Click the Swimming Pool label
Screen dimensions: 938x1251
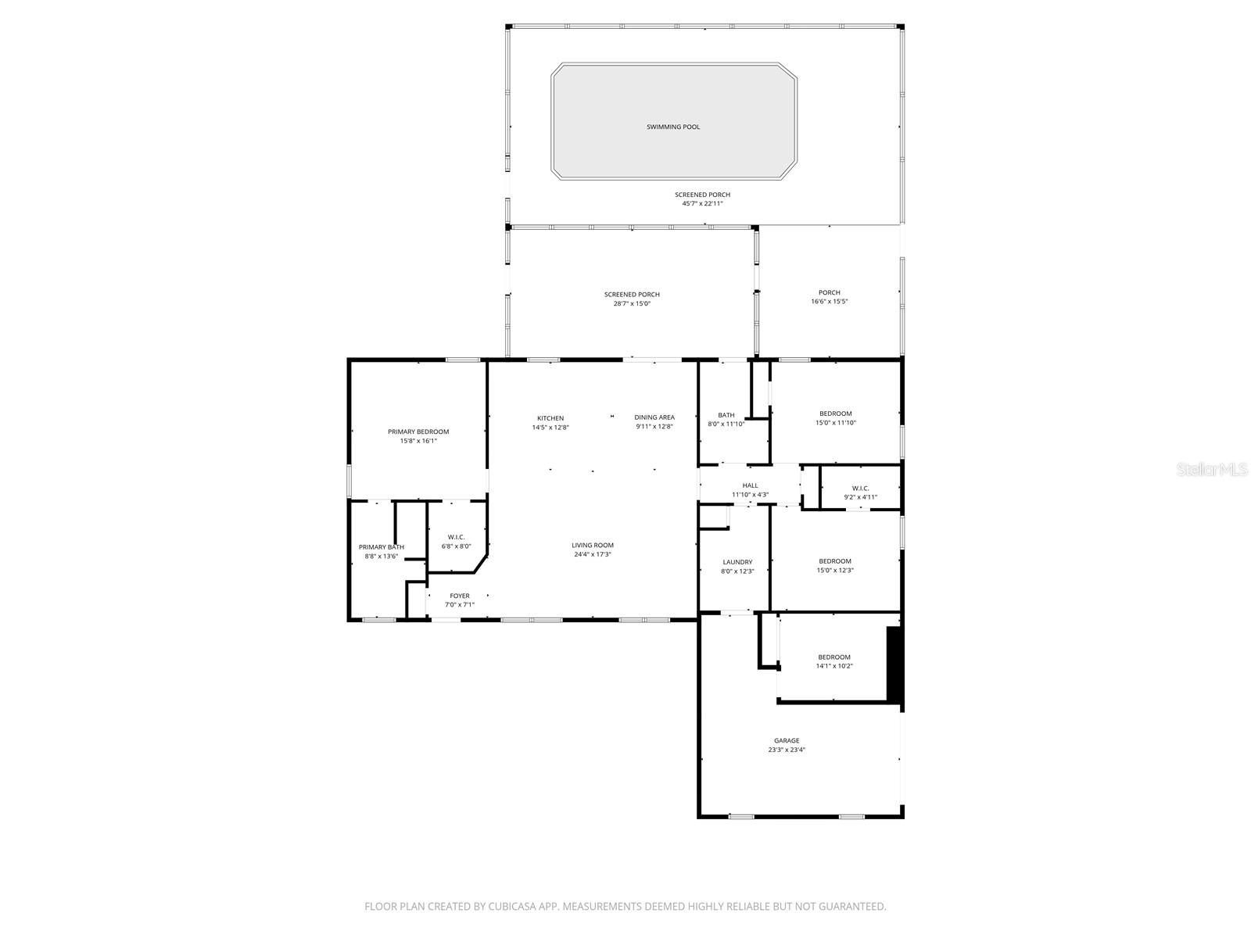coord(673,127)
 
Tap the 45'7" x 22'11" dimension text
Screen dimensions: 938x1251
coord(702,204)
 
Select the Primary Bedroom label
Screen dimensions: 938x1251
coord(418,431)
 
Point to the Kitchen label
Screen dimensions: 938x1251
coord(550,418)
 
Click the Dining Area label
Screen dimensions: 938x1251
coord(654,417)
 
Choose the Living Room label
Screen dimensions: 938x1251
coord(593,546)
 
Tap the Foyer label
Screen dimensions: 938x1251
coord(460,596)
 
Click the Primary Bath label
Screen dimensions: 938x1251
coord(382,547)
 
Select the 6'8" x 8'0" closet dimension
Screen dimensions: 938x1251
coord(457,546)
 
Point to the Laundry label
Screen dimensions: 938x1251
coord(737,562)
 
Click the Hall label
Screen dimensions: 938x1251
coord(750,485)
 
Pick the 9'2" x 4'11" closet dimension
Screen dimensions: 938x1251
coord(860,497)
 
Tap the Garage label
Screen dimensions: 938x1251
coord(787,741)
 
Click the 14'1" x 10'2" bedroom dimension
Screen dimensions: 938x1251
coord(834,667)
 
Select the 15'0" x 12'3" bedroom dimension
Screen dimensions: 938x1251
coord(835,571)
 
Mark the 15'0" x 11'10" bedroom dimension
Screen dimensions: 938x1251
coord(836,423)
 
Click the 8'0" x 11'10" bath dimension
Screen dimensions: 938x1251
coord(726,424)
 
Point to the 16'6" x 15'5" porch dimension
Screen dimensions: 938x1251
coord(830,302)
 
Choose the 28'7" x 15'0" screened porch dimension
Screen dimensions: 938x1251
coord(632,303)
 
